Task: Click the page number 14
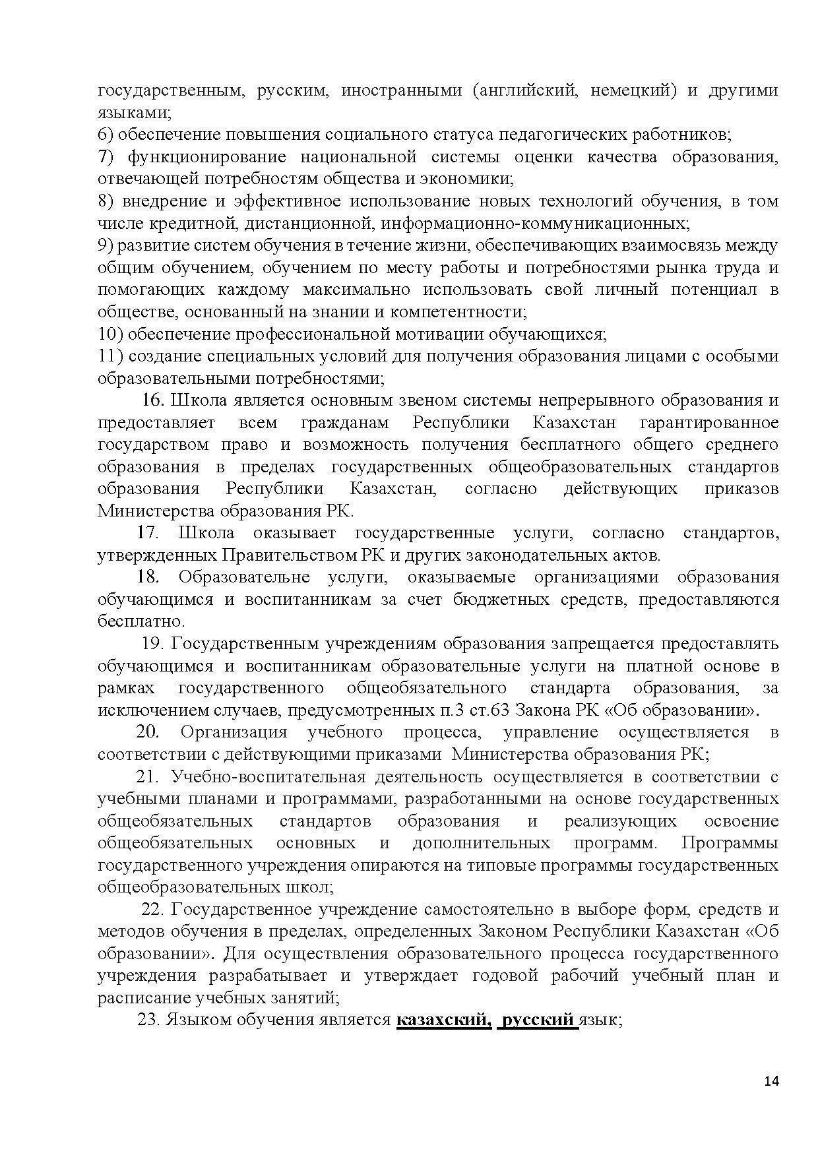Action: point(771,1081)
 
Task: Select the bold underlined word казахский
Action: point(444,1020)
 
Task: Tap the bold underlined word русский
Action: point(538,1020)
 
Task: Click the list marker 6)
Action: point(106,135)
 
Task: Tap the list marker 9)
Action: point(106,245)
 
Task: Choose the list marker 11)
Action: point(110,356)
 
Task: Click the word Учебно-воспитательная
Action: point(268,777)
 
